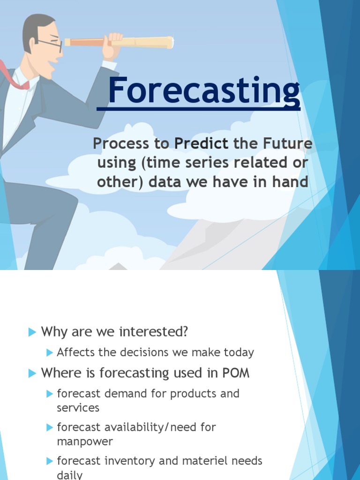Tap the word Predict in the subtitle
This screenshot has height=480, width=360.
[202, 144]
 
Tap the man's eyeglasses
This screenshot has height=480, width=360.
[52, 45]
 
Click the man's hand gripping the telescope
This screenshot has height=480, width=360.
[112, 45]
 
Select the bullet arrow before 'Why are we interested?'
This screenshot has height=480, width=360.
[32, 332]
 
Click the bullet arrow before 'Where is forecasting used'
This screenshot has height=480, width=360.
[32, 374]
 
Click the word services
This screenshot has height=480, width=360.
[78, 408]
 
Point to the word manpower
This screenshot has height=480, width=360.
[85, 442]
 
